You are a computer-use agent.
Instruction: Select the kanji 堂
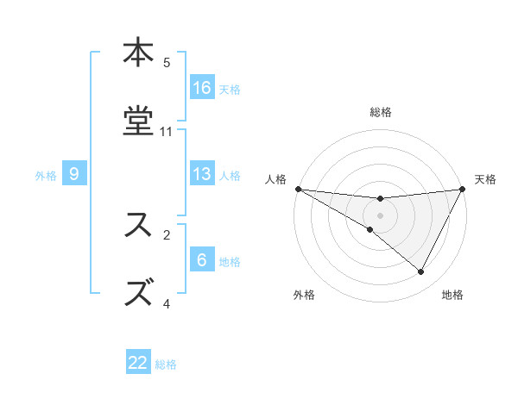pos(138,121)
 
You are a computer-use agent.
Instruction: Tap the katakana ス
pos(138,224)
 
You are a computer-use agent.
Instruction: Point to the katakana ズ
pos(138,291)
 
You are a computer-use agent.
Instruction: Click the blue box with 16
pos(202,88)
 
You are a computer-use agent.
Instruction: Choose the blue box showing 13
pos(202,174)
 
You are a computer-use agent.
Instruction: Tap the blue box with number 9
pos(74,174)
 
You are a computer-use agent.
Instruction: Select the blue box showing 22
pos(138,363)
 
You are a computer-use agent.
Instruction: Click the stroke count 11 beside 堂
pos(167,131)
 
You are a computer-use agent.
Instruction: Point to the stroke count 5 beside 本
pos(167,62)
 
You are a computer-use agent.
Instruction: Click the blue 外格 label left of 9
pos(46,175)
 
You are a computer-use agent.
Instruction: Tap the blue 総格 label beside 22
pos(166,364)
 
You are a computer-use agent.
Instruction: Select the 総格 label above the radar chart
pos(380,112)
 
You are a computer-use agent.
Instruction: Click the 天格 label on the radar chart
pos(485,179)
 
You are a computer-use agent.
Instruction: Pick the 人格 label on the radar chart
pos(275,179)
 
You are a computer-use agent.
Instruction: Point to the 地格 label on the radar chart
pos(452,295)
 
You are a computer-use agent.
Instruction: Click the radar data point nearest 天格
pos(463,189)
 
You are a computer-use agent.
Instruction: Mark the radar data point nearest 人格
pos(298,189)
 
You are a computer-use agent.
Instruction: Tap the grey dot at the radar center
pos(380,215)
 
